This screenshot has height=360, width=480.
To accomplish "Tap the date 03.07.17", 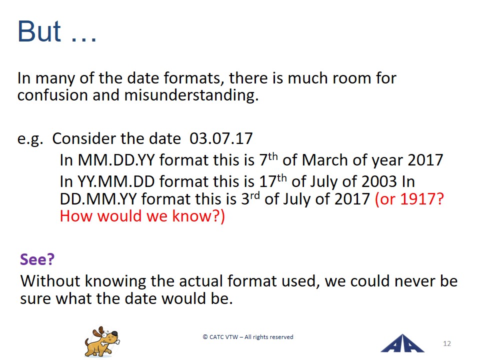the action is (x=221, y=138).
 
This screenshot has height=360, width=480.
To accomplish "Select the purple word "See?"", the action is (x=37, y=259).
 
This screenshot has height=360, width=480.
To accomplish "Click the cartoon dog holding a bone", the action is (x=102, y=341).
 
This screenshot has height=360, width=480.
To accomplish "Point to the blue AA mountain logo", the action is (x=402, y=343).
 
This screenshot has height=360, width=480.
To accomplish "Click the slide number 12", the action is (x=447, y=343).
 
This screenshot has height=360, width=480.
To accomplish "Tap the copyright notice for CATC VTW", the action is (x=248, y=337).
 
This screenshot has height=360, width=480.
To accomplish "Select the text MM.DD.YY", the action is (x=116, y=160).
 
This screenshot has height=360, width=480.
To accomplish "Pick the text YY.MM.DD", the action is (x=116, y=181).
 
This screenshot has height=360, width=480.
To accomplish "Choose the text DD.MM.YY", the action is (x=98, y=199).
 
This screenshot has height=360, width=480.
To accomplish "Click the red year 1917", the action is (x=422, y=199).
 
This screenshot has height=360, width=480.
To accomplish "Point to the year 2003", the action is (x=379, y=181).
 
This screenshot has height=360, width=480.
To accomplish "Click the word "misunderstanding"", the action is (x=191, y=95).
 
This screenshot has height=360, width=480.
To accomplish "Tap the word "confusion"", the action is (x=53, y=95).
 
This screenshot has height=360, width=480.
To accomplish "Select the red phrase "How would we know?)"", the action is (x=142, y=216).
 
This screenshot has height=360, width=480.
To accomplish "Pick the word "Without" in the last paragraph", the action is (x=50, y=281).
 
